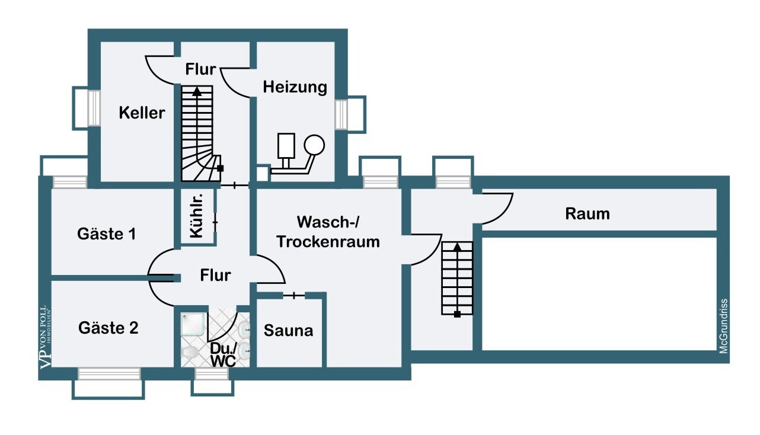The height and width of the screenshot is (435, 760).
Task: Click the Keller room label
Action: [x=142, y=113]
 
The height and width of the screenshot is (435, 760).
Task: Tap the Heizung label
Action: [x=295, y=87]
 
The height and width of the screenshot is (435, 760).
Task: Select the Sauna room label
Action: [x=288, y=331]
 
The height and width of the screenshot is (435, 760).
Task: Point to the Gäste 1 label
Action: [x=107, y=234]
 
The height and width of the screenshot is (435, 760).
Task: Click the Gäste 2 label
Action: [x=108, y=328]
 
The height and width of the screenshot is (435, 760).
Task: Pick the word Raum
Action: [x=587, y=214]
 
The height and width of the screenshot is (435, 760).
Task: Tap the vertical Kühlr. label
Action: [x=196, y=216]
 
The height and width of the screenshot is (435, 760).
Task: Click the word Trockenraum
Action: [x=328, y=242]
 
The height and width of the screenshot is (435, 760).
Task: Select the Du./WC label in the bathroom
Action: [x=223, y=355]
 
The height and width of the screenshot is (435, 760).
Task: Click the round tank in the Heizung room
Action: [x=314, y=145]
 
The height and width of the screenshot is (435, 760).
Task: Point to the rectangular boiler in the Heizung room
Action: [x=286, y=146]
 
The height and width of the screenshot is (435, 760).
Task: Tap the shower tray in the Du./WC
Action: [x=193, y=324]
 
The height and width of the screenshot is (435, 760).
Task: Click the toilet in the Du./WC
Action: [x=189, y=353]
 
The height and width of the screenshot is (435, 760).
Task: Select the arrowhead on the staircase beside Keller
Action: [x=197, y=92]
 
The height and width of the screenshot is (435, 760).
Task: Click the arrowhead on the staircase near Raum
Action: [x=457, y=247]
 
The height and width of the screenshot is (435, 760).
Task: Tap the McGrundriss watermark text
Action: [x=724, y=326]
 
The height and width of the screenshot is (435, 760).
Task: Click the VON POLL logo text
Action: [x=46, y=337]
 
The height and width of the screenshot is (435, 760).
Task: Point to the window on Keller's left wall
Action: [x=94, y=108]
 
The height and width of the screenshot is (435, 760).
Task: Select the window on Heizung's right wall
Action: [x=341, y=115]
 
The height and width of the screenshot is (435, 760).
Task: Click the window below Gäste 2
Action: [x=109, y=374]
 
